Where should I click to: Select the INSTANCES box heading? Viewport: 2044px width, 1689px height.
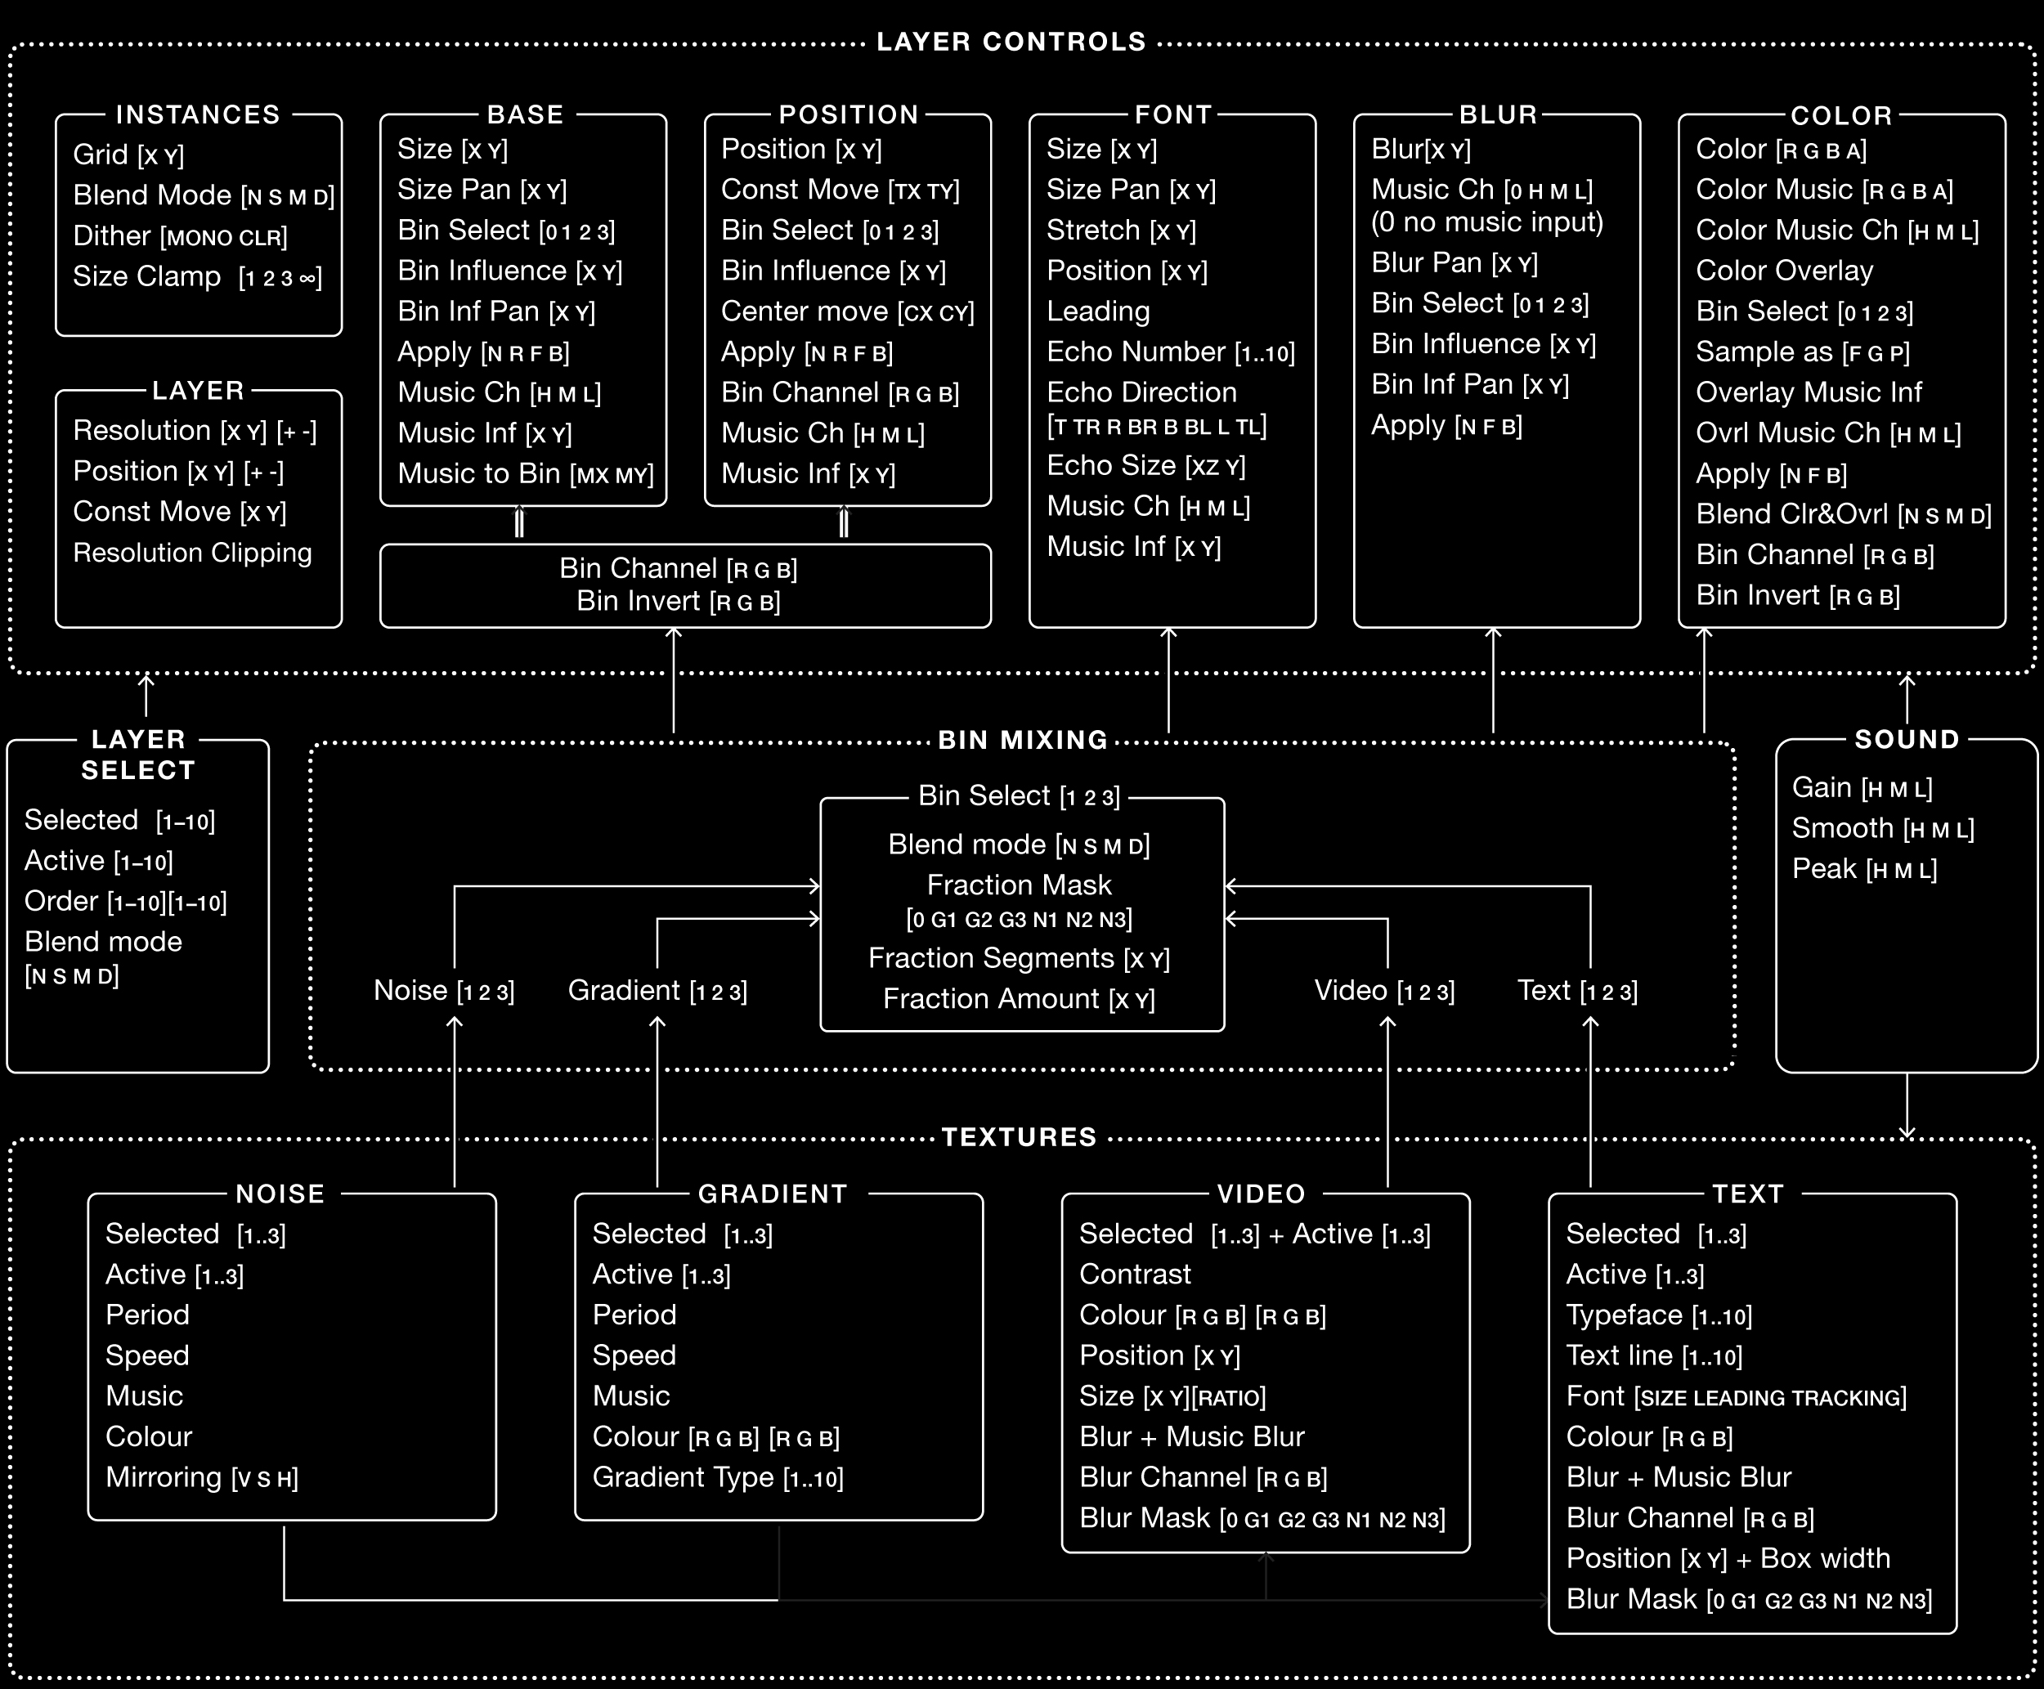point(198,114)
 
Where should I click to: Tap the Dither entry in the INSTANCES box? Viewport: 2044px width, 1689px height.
point(180,236)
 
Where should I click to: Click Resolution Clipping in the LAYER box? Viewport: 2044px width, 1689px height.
point(193,553)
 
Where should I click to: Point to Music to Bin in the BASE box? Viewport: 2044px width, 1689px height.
point(526,474)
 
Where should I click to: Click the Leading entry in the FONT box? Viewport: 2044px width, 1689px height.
point(1098,311)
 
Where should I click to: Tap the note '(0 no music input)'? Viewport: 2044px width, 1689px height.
point(1486,223)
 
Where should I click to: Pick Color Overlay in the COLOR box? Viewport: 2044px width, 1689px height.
point(1784,271)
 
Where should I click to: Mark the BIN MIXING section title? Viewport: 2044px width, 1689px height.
point(1023,741)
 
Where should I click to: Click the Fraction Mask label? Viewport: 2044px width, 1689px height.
point(1019,885)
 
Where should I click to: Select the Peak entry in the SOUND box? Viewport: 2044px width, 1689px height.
point(1864,869)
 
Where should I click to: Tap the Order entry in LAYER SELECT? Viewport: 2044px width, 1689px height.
point(125,902)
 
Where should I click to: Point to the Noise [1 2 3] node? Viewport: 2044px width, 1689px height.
point(444,991)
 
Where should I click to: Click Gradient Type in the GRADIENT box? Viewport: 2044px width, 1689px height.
point(718,1478)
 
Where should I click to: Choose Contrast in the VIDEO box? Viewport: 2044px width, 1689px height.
point(1134,1275)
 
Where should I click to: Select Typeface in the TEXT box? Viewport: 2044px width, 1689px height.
point(1659,1315)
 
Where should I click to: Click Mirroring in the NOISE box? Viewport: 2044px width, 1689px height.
point(201,1478)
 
